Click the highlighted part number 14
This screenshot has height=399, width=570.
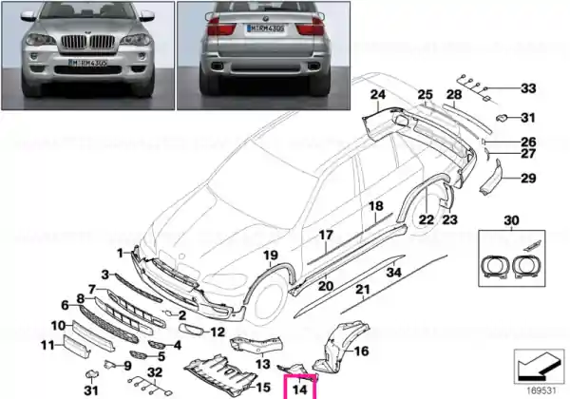click(301, 387)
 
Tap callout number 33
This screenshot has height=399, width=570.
click(528, 88)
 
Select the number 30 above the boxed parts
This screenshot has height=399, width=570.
click(513, 220)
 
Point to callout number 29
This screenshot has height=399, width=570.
click(528, 178)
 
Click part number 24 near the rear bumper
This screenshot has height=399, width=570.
click(377, 94)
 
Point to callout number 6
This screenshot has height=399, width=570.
click(66, 305)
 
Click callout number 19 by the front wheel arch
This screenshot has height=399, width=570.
click(270, 255)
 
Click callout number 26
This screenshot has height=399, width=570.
click(528, 142)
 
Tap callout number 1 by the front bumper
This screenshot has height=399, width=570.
click(121, 253)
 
